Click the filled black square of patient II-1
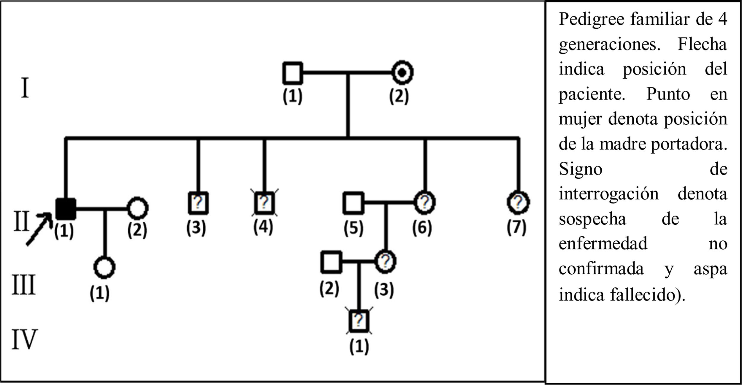tap(66, 209)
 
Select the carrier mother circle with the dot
tap(402, 72)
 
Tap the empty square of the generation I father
tap(293, 73)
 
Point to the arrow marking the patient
tap(39, 229)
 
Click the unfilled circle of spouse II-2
tap(137, 208)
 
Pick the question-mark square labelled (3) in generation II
tap(198, 203)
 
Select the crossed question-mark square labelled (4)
tap(264, 203)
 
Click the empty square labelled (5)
tap(353, 203)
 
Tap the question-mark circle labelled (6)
tap(425, 203)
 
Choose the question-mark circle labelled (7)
tap(518, 203)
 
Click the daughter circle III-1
tap(104, 267)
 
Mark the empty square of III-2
tap(331, 262)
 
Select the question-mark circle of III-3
tap(385, 262)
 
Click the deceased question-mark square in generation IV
tap(359, 321)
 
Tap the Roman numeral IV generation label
tap(24, 339)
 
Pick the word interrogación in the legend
tap(608, 194)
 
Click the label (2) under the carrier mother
tap(399, 96)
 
